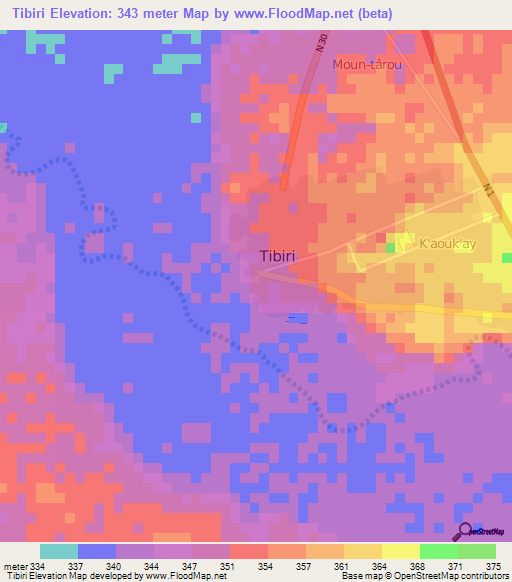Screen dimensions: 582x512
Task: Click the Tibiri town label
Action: point(277,256)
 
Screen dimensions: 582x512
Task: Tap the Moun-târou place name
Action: point(367,64)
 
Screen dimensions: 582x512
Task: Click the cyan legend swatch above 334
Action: point(59,552)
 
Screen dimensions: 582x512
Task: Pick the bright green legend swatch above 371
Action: point(438,552)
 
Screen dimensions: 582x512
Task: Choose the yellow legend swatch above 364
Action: point(362,552)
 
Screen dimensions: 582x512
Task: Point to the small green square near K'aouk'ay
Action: point(391,247)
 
